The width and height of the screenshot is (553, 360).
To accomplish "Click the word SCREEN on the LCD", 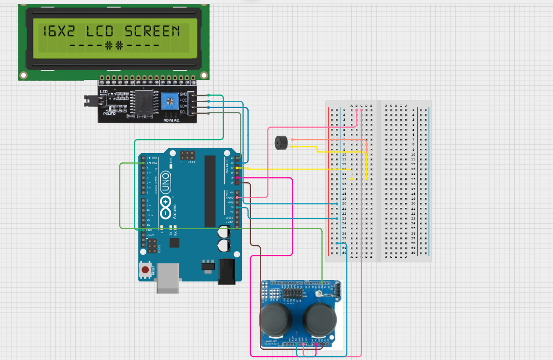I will coord(152,31).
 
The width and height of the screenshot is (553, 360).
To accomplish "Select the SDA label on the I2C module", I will coord(183,106).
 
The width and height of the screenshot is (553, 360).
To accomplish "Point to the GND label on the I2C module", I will coord(183,94).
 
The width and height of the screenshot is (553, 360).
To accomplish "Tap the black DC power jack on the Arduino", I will coord(230,271).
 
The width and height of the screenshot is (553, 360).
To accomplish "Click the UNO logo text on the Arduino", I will coord(166,182).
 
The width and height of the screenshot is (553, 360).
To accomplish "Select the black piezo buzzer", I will coord(281,142).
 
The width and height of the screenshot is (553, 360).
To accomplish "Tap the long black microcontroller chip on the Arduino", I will coord(210,191).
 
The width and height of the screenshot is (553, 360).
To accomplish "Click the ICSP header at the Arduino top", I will coord(187,156).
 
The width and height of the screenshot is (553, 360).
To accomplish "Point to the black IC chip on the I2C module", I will coord(144,104).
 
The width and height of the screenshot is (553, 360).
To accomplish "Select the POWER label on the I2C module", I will coord(110,114).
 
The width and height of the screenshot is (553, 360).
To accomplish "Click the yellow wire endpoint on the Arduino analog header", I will coord(237,168).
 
